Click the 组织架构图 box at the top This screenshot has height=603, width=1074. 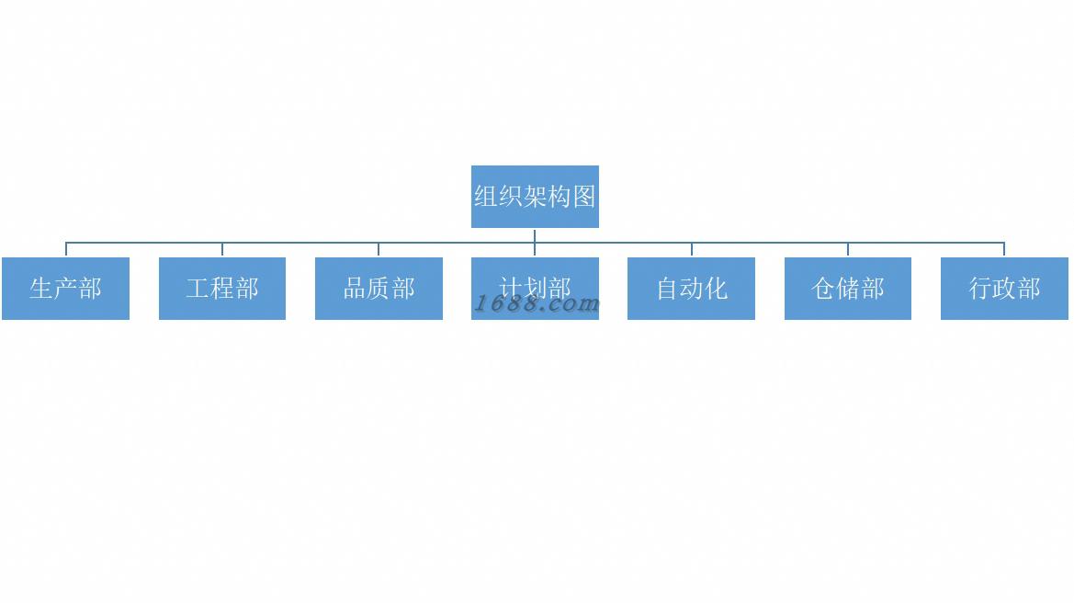click(535, 197)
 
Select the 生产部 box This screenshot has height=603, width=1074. click(65, 289)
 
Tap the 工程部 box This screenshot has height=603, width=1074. click(222, 289)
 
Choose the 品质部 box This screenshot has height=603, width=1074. click(379, 289)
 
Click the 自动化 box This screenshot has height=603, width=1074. click(691, 289)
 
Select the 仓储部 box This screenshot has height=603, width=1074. click(848, 289)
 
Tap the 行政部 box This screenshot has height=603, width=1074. click(1004, 289)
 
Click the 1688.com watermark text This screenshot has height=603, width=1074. click(537, 304)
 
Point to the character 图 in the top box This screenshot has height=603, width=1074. click(584, 197)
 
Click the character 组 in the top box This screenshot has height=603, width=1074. click(486, 197)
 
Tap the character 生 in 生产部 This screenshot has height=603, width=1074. click(41, 289)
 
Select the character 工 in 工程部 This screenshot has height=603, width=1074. click(198, 289)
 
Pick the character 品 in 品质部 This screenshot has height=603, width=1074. click(355, 289)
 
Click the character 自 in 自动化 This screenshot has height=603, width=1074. click(667, 289)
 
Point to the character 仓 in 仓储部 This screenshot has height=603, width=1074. click(823, 289)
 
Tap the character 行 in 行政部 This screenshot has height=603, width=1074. click(980, 289)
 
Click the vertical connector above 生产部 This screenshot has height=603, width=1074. click(66, 249)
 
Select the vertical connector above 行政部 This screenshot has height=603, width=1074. click(1004, 249)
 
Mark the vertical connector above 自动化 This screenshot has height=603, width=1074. click(692, 249)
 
